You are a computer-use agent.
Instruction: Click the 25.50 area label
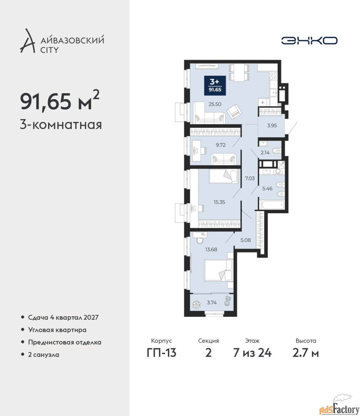click(x=215, y=104)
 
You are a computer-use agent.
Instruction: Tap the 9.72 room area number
click(x=220, y=145)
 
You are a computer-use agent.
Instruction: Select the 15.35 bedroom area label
click(x=219, y=202)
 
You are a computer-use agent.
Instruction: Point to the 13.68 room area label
click(x=211, y=250)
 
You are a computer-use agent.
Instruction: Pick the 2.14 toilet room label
click(x=265, y=153)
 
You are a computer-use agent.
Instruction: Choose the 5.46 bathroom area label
click(x=267, y=188)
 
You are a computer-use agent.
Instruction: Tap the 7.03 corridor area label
click(x=250, y=178)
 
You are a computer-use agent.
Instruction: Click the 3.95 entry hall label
click(x=272, y=125)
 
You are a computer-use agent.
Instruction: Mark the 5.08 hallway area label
click(x=245, y=240)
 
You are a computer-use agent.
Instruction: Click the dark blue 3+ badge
click(x=215, y=85)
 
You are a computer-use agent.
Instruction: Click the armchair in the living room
click(x=235, y=111)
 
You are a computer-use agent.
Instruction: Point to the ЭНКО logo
click(x=309, y=40)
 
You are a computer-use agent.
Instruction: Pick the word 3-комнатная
click(x=61, y=125)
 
